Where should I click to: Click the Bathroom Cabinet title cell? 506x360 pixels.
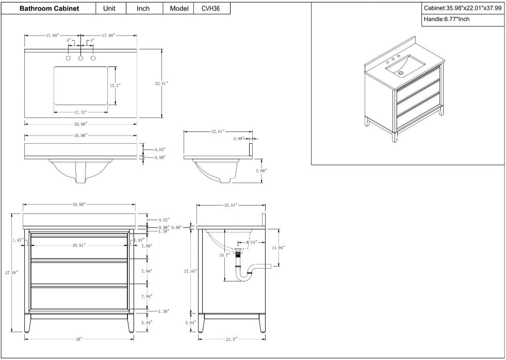49,9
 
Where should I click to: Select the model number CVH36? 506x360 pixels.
211,9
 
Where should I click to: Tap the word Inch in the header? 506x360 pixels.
143,9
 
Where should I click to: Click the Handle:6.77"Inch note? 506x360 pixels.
447,19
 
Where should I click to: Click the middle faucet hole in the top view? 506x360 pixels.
80,58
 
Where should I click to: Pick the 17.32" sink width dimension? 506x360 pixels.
79,112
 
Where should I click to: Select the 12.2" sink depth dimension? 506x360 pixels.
115,85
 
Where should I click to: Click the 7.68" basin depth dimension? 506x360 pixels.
262,170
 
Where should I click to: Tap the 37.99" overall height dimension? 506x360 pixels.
13,272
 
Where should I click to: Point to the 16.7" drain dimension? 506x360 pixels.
223,255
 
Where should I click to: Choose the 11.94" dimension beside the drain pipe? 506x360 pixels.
278,248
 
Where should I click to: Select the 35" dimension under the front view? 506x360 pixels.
78,339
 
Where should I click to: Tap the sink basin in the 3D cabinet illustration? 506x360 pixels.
407,66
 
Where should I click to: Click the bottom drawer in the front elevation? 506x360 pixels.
79,298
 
